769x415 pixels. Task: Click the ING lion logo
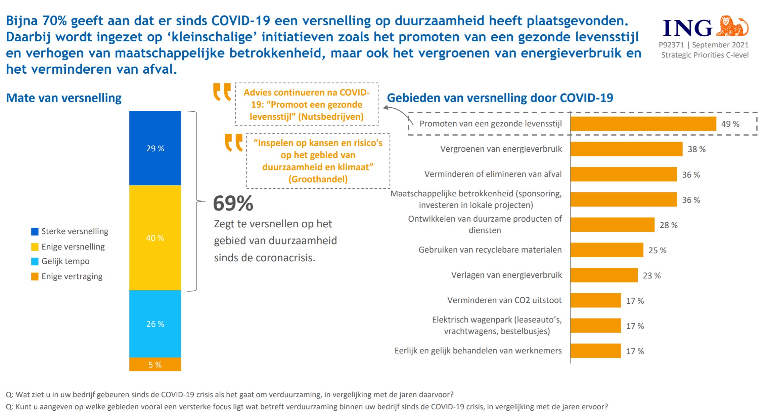point(732,26)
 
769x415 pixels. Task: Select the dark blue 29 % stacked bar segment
point(155,148)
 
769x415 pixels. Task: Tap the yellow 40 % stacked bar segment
point(155,237)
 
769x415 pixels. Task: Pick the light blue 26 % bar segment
point(155,324)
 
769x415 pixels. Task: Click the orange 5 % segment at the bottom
point(155,364)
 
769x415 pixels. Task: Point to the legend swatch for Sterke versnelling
point(35,231)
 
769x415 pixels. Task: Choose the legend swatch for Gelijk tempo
point(35,261)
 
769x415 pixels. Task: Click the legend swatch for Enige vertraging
point(35,276)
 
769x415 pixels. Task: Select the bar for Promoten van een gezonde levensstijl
point(643,124)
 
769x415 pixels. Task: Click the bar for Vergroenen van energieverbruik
point(626,149)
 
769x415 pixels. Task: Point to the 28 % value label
point(668,225)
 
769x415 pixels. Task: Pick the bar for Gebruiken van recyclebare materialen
point(606,250)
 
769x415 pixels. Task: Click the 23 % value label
point(651,275)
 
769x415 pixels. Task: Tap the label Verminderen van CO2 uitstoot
point(504,300)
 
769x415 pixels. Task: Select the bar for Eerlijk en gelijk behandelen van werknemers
point(595,351)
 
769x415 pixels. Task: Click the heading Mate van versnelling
point(64,98)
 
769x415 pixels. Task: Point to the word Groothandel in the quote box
point(318,179)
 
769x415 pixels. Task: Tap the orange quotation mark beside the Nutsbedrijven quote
point(222,91)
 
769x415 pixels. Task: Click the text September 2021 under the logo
point(720,45)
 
